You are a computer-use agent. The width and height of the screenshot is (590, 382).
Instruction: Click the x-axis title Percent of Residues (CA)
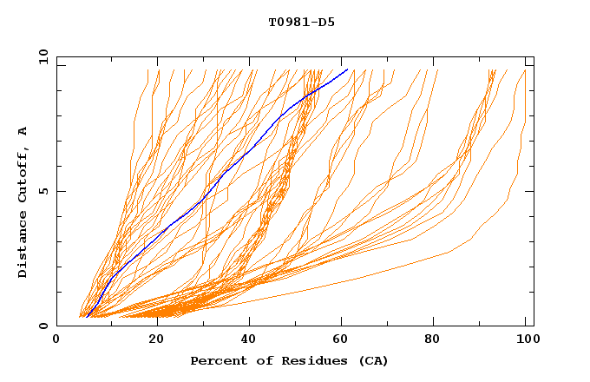click(x=289, y=360)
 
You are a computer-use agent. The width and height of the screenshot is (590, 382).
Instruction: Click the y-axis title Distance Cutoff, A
click(x=23, y=201)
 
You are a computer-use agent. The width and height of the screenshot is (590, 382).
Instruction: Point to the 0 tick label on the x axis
click(x=56, y=339)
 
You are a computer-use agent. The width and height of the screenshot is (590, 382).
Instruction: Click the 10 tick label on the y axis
click(x=43, y=56)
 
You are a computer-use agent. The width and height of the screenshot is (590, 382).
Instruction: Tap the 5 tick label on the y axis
click(x=43, y=191)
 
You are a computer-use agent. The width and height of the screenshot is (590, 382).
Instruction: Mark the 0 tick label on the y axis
click(x=43, y=326)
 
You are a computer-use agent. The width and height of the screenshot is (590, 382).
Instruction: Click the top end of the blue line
click(x=347, y=69)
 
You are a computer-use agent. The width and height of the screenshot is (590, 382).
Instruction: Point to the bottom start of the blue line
click(x=88, y=317)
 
